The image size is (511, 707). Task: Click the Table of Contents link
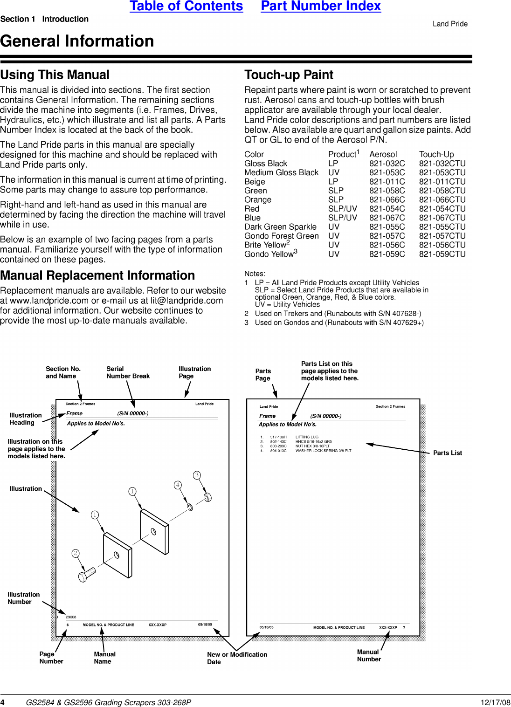click(186, 7)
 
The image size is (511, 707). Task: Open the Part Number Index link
click(321, 7)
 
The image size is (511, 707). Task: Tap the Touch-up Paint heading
click(289, 75)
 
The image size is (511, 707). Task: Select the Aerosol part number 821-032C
click(387, 164)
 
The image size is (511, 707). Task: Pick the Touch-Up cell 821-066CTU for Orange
click(442, 200)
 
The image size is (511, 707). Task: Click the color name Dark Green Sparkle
click(280, 227)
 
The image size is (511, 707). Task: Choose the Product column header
click(343, 154)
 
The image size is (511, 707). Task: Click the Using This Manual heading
click(55, 75)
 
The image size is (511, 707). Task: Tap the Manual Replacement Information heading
click(97, 275)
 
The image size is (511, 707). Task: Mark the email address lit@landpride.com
click(186, 301)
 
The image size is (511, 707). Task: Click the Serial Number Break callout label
click(128, 372)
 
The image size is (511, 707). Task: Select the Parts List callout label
click(447, 453)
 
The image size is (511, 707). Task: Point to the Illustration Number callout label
click(23, 598)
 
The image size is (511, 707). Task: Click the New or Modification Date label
click(237, 658)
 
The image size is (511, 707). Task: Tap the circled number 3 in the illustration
click(197, 475)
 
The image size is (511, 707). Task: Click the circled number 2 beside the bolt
click(76, 553)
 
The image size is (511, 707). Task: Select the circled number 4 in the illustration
click(178, 485)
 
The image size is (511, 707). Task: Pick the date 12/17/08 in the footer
click(495, 702)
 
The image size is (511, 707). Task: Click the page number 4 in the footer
click(2, 702)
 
